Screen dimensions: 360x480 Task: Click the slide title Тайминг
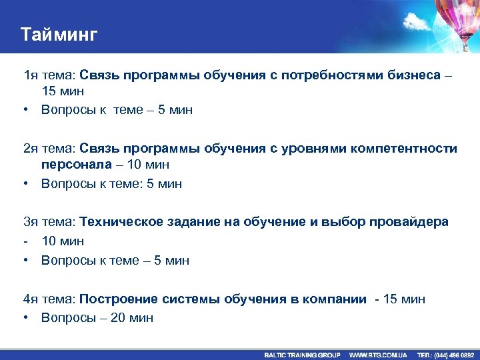click(59, 34)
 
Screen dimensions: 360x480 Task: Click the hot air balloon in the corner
click(457, 20)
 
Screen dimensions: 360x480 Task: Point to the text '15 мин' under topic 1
click(63, 92)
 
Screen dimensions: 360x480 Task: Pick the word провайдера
click(407, 222)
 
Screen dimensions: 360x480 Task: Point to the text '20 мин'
click(132, 317)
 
